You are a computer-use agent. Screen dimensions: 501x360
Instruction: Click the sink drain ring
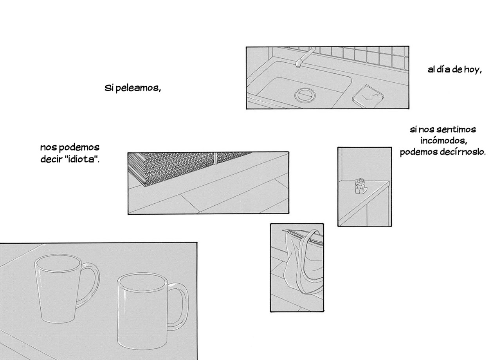(305, 95)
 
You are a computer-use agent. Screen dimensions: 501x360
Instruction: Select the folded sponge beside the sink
(368, 96)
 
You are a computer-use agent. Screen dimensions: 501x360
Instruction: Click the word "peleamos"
(138, 88)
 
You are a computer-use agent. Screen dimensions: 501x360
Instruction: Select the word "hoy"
(472, 70)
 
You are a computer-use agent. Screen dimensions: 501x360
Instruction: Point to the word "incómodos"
(444, 141)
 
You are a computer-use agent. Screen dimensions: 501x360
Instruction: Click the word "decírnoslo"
(463, 152)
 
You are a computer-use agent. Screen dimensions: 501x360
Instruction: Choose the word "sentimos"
(456, 129)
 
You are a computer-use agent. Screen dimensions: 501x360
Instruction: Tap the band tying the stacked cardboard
(215, 159)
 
